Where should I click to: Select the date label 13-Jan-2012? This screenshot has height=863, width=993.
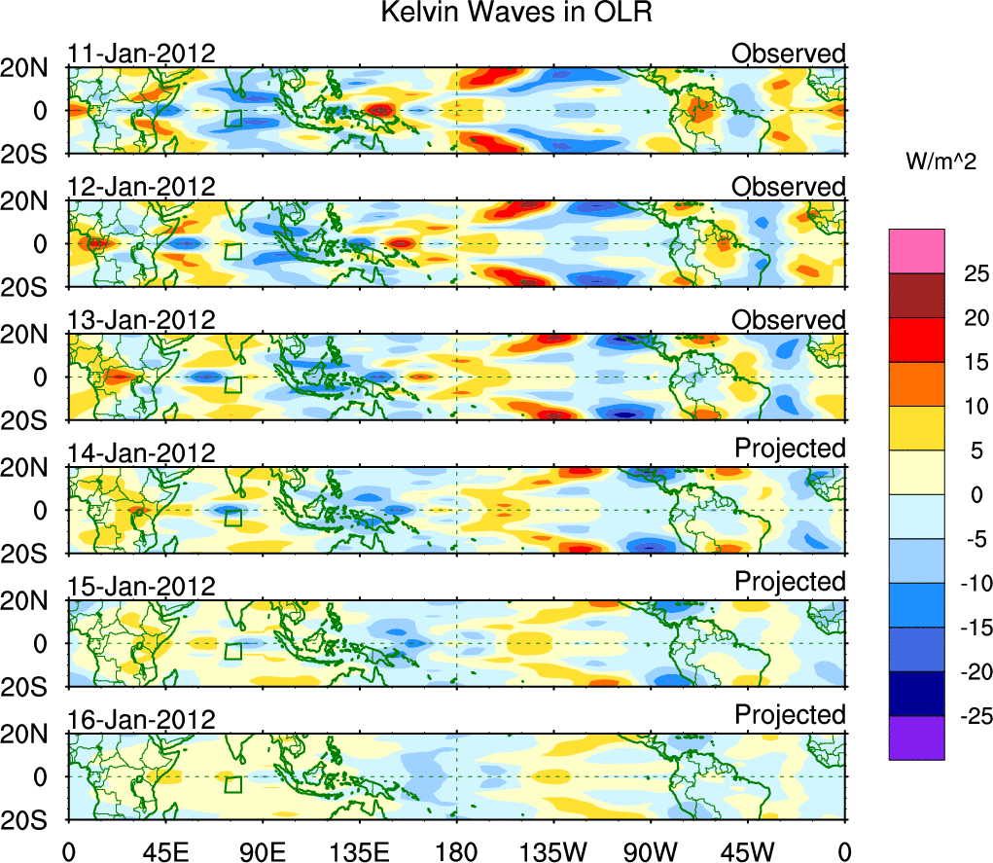coord(141,320)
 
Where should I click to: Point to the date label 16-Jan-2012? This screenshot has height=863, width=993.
coord(141,720)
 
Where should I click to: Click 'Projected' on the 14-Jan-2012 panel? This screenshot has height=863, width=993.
coord(790,448)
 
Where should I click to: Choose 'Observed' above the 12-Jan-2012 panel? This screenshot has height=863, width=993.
coord(789,186)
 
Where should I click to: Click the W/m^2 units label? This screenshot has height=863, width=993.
coord(940,162)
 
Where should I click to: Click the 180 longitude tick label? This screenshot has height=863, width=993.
coord(456,850)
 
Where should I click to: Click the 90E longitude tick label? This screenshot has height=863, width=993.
coord(262,850)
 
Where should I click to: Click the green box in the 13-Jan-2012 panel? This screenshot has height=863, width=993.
coord(232,384)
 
